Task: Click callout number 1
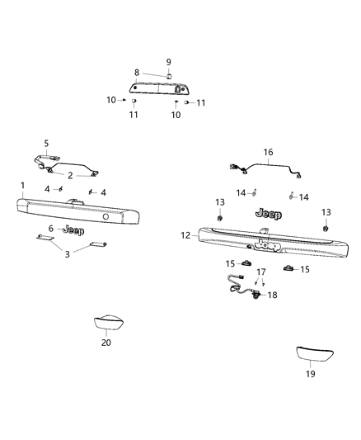(x=23, y=185)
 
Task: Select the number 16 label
(x=267, y=152)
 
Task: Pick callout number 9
(x=168, y=62)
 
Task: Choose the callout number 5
(x=46, y=143)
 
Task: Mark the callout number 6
(x=51, y=229)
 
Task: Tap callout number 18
(x=273, y=294)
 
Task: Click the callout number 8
(x=137, y=73)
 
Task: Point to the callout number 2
(x=70, y=175)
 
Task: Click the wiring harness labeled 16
(x=264, y=168)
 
